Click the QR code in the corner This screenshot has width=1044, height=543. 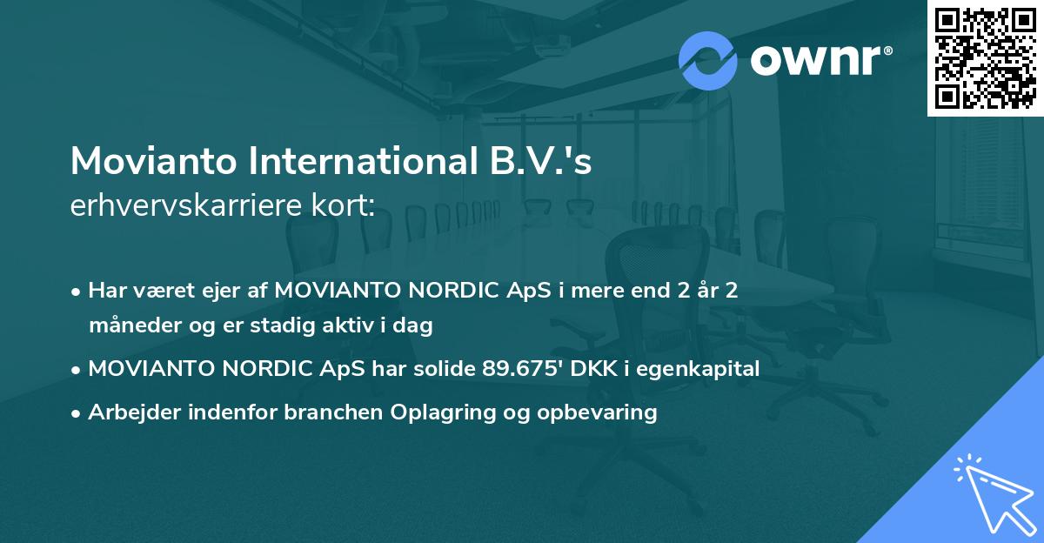[x=985, y=57]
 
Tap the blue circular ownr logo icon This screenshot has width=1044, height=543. [x=708, y=61]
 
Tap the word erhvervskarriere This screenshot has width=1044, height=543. [x=182, y=206]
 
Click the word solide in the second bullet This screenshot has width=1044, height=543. [x=444, y=368]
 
